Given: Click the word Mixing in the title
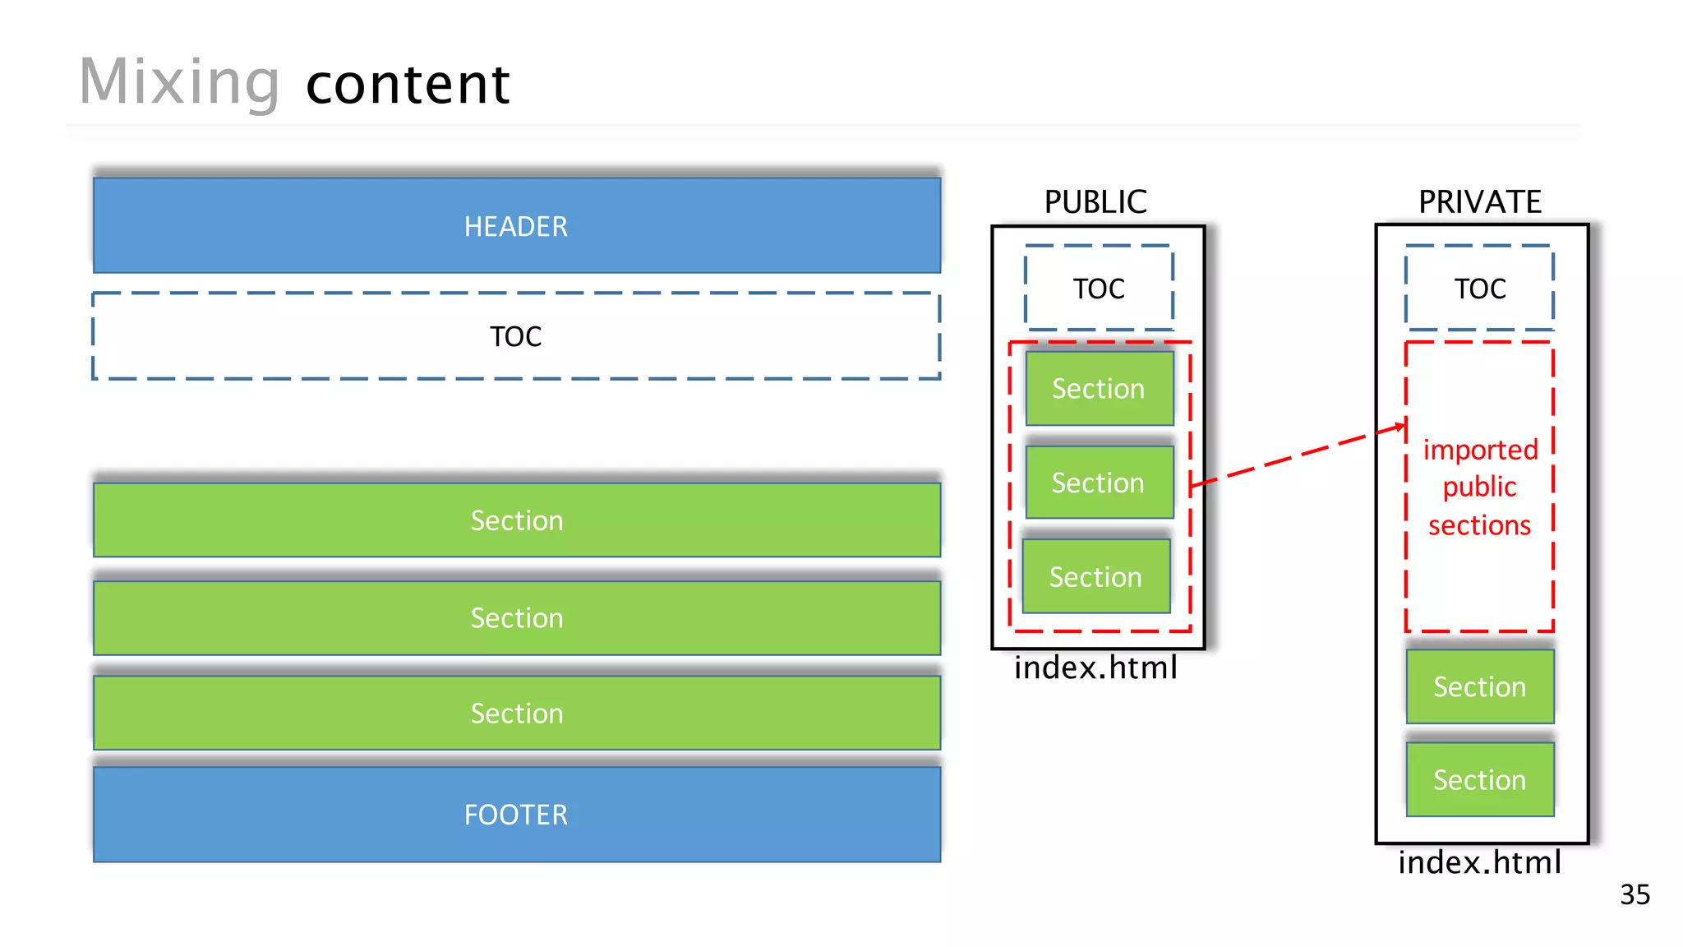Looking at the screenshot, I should pyautogui.click(x=179, y=82).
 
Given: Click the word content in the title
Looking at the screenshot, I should pyautogui.click(x=408, y=85).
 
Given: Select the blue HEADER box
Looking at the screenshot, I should pyautogui.click(x=516, y=225).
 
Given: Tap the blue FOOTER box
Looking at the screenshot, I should pyautogui.click(x=516, y=814).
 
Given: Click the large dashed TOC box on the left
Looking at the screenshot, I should pyautogui.click(x=516, y=335).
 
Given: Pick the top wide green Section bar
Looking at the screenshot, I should pyautogui.click(x=516, y=520).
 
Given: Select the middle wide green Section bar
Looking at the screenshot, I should pyautogui.click(x=516, y=617).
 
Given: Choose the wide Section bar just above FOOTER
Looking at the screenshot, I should pyautogui.click(x=516, y=713).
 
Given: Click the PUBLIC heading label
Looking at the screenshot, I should pyautogui.click(x=1095, y=201).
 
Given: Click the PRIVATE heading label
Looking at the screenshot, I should pyautogui.click(x=1479, y=201).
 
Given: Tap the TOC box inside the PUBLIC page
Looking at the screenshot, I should pyautogui.click(x=1098, y=289).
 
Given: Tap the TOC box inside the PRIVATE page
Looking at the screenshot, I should pyautogui.click(x=1479, y=289).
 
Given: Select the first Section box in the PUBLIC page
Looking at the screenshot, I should pyautogui.click(x=1099, y=388).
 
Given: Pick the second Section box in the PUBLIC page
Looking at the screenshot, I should pyautogui.click(x=1099, y=483).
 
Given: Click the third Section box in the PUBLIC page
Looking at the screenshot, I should pyautogui.click(x=1095, y=576).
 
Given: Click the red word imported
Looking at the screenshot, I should pyautogui.click(x=1479, y=450).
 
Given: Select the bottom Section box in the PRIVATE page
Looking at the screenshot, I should pyautogui.click(x=1479, y=779).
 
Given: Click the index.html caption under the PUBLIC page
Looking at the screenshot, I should pyautogui.click(x=1095, y=668).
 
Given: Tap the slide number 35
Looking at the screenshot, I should pyautogui.click(x=1635, y=894).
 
